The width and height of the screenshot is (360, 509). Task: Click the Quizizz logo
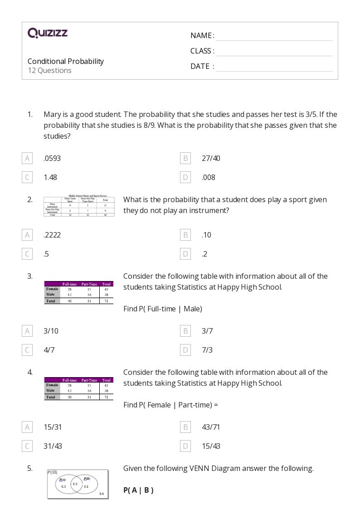click(x=48, y=33)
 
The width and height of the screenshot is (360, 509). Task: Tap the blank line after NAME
click(x=274, y=36)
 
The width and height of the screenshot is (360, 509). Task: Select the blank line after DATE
click(x=274, y=67)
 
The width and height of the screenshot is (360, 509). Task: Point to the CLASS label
click(x=202, y=51)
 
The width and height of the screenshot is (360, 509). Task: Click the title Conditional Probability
click(x=66, y=61)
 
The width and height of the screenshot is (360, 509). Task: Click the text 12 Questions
click(x=49, y=70)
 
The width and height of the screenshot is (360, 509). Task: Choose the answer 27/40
click(x=211, y=158)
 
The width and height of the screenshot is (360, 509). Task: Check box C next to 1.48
click(x=27, y=177)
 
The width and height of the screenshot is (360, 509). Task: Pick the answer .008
click(x=208, y=177)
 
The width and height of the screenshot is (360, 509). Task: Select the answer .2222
click(x=52, y=235)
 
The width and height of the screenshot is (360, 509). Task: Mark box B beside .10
click(x=185, y=235)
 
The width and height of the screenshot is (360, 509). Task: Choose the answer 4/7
click(x=49, y=350)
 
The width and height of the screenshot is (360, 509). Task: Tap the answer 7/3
click(x=207, y=350)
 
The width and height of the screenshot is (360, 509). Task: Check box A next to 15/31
click(x=27, y=427)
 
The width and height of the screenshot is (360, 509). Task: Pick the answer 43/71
click(x=211, y=427)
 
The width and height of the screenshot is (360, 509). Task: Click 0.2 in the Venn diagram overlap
click(x=75, y=484)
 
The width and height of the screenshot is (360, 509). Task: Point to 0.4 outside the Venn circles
click(x=101, y=493)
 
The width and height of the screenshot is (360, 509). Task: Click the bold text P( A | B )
click(x=138, y=490)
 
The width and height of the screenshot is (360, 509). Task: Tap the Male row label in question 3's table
click(x=51, y=294)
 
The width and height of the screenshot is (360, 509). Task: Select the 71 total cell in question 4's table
click(x=106, y=397)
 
